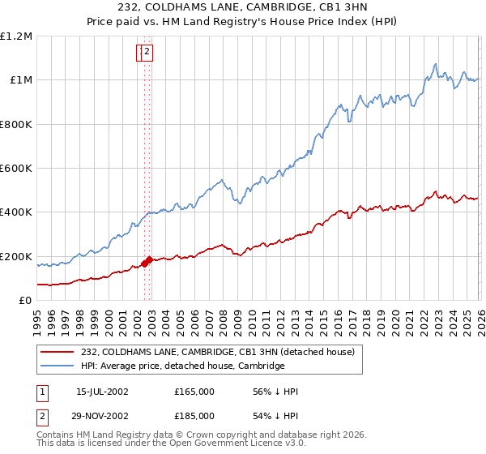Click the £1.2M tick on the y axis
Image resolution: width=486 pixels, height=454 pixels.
pyautogui.click(x=16, y=36)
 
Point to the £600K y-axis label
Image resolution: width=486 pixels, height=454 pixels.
pyautogui.click(x=16, y=169)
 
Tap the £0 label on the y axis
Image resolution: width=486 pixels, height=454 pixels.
pyautogui.click(x=26, y=301)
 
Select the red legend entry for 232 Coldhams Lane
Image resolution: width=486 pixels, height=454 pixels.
pyautogui.click(x=218, y=352)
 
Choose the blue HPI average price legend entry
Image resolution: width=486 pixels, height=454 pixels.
pyautogui.click(x=182, y=366)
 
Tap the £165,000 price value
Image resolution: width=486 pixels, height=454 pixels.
pyautogui.click(x=194, y=392)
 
